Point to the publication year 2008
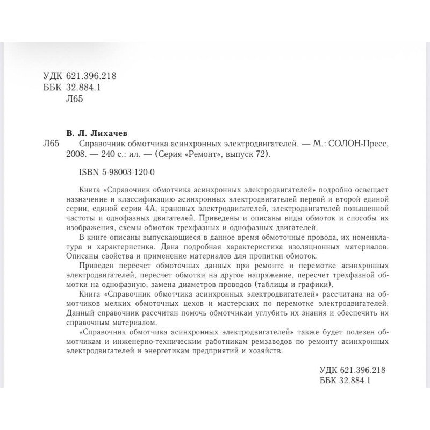click(90, 155)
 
